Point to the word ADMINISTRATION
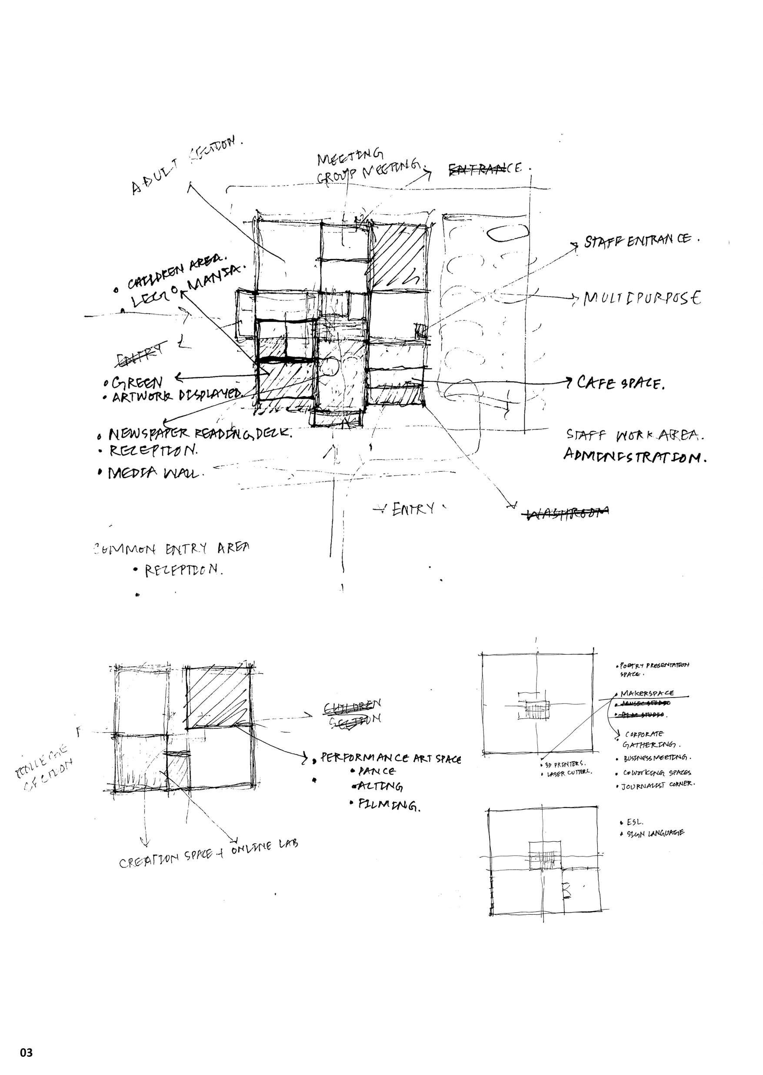pyautogui.click(x=635, y=455)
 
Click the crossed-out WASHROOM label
pyautogui.click(x=567, y=513)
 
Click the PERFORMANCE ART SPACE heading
pyautogui.click(x=390, y=757)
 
